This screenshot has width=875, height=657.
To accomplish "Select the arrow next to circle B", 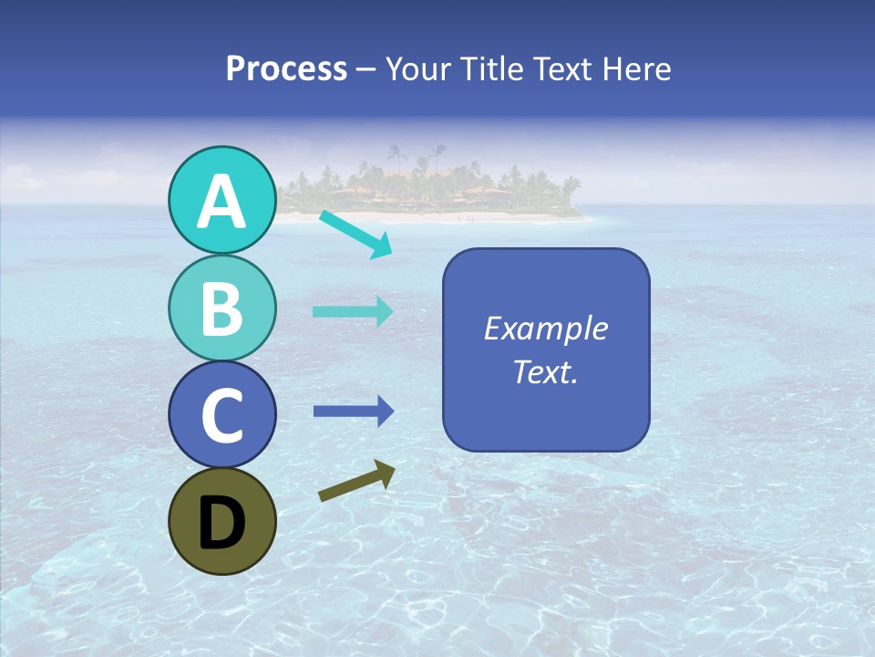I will [353, 312].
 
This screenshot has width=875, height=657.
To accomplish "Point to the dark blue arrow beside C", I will [353, 412].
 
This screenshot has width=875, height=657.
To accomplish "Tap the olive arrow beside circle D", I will [356, 480].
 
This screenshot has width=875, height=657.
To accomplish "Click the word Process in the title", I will [286, 69].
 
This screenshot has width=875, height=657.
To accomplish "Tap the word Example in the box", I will [546, 328].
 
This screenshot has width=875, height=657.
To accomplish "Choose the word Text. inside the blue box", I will [546, 372].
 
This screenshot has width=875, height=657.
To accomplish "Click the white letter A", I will [221, 202].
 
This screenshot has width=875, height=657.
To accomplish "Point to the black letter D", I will [221, 523].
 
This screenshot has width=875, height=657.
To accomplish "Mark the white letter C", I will [221, 416].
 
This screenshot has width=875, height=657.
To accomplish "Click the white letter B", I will [221, 308].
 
